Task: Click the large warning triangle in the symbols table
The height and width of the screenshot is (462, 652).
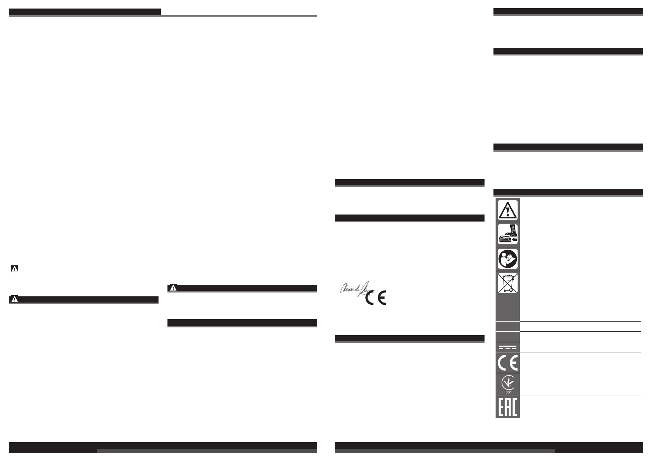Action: [x=507, y=210]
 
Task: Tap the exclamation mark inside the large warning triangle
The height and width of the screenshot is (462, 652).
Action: [x=507, y=211]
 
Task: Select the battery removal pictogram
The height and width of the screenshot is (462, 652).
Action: [x=507, y=235]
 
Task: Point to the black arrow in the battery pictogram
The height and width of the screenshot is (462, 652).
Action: [x=514, y=240]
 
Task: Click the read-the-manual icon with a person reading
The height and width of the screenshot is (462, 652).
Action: [x=507, y=259]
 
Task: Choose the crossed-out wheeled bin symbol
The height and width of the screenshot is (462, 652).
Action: [x=507, y=283]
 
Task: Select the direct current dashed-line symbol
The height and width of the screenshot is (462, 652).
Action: [x=507, y=347]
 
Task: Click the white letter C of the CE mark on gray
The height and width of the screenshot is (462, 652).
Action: [x=502, y=363]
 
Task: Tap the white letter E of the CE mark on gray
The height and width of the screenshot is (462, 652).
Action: [x=513, y=363]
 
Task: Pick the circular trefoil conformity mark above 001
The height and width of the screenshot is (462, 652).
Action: [x=507, y=382]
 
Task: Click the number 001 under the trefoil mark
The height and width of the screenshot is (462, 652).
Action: [x=507, y=392]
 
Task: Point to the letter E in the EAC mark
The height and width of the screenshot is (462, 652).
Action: [x=501, y=407]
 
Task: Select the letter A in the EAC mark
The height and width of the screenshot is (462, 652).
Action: [x=507, y=407]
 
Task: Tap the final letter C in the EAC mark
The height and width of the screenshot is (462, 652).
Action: [x=514, y=407]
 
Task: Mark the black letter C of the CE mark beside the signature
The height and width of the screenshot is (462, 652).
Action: [x=370, y=298]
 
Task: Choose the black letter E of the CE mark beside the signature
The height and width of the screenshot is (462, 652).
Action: [x=382, y=298]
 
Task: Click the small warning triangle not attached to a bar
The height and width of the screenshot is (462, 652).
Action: [x=14, y=268]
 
